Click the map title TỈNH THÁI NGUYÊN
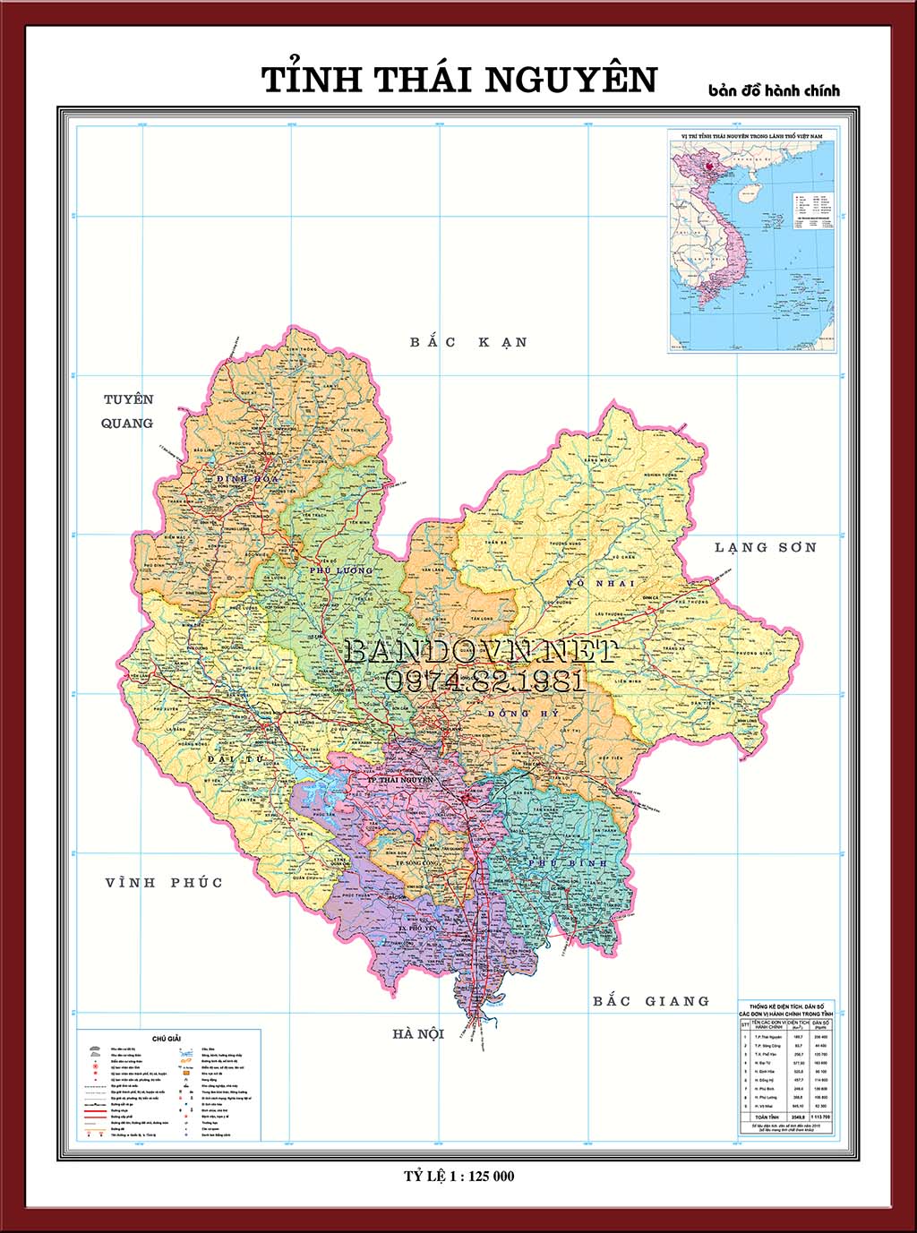pyautogui.click(x=458, y=80)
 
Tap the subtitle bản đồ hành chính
pyautogui.click(x=774, y=90)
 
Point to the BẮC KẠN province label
pyautogui.click(x=468, y=342)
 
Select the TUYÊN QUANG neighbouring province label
pyautogui.click(x=128, y=411)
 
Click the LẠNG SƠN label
pyautogui.click(x=766, y=547)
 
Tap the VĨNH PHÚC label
pyautogui.click(x=164, y=883)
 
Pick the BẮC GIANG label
pyautogui.click(x=651, y=1001)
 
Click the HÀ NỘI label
pyautogui.click(x=418, y=1034)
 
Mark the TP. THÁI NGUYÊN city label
pyautogui.click(x=400, y=780)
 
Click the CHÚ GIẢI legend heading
pyautogui.click(x=167, y=1038)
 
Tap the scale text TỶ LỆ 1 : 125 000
pyautogui.click(x=458, y=1177)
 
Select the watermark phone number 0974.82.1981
pyautogui.click(x=484, y=681)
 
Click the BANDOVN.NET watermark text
pyautogui.click(x=481, y=652)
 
